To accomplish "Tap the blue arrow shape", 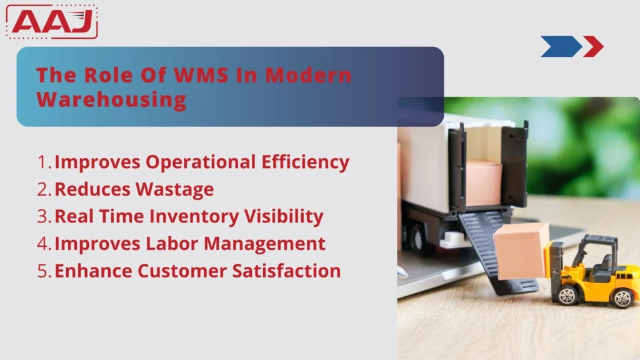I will click(560, 46).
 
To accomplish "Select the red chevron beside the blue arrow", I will click(593, 46).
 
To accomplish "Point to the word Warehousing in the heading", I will click(111, 99).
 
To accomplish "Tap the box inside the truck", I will click(484, 182).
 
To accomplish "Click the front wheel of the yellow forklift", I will click(567, 294).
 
